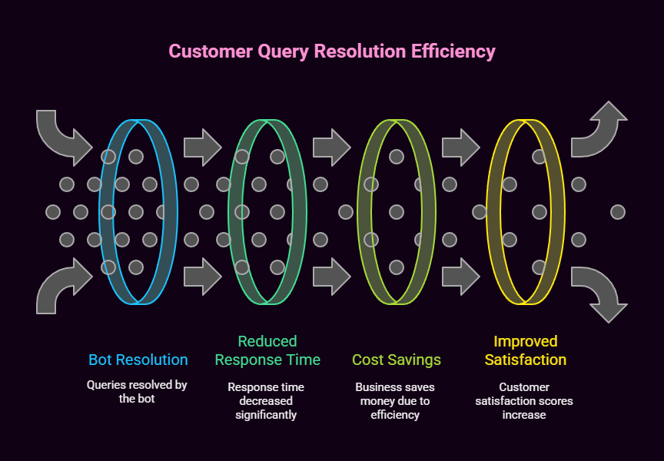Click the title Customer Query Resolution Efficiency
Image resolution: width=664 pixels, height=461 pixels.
(x=332, y=51)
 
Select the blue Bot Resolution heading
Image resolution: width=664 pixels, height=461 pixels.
(x=138, y=360)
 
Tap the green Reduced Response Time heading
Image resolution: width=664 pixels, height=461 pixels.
(x=267, y=350)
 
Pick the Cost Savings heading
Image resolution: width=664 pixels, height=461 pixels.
(x=397, y=360)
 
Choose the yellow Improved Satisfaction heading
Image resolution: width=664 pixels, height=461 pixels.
(x=526, y=350)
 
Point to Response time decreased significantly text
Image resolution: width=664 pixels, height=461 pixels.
(x=267, y=400)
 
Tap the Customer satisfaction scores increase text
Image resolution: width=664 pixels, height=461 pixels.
(x=526, y=400)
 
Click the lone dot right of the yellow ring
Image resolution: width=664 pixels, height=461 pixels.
(x=618, y=211)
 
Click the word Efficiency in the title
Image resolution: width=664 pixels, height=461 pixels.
(x=453, y=51)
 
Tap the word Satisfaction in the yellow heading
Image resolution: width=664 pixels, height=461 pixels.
(x=526, y=360)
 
